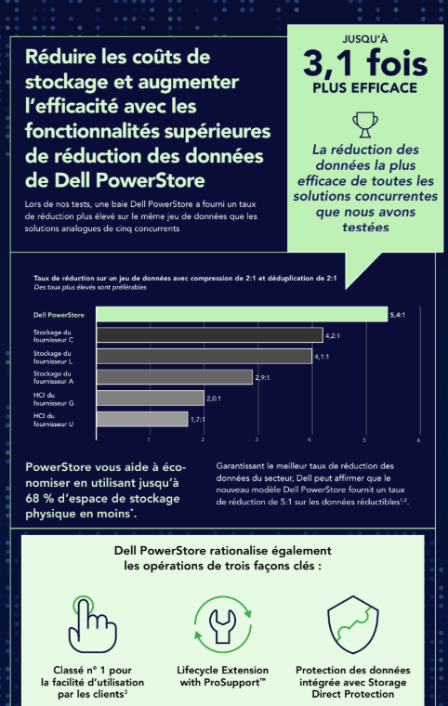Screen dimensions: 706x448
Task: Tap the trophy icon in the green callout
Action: pos(363,124)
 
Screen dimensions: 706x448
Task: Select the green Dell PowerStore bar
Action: pos(243,315)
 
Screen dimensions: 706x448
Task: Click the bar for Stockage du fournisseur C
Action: pos(210,335)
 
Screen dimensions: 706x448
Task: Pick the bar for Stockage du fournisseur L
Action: pos(204,356)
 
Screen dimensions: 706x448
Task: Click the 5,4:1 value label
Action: pos(401,315)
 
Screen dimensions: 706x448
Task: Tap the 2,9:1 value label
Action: pos(266,376)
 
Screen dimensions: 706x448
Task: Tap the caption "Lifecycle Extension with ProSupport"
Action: pos(222,676)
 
